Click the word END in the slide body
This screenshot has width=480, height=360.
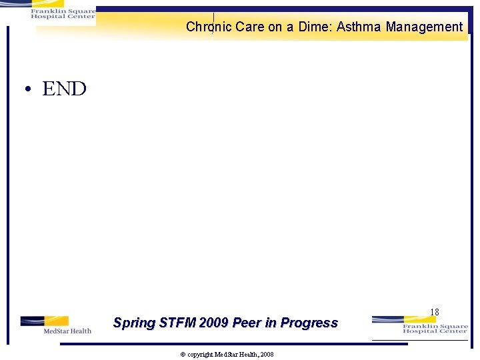click(64, 89)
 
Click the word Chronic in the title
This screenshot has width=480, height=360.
click(208, 27)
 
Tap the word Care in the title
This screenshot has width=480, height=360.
click(250, 27)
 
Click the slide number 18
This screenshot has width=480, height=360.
click(435, 312)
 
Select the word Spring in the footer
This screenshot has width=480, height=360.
click(133, 323)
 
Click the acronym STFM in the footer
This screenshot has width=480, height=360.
click(176, 323)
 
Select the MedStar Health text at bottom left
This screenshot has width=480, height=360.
click(67, 331)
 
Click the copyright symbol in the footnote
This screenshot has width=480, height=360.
click(183, 355)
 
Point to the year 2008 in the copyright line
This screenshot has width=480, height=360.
click(266, 355)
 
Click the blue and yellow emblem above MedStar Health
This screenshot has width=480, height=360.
click(44, 321)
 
